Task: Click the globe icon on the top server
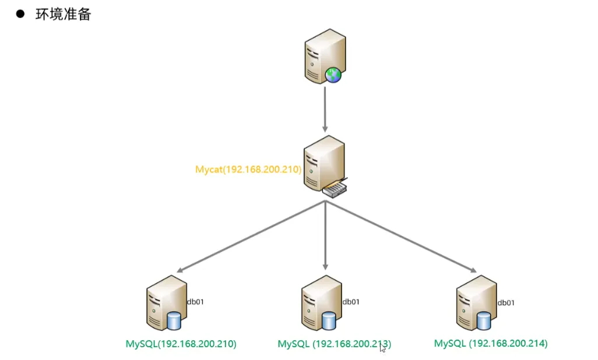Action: coord(333,75)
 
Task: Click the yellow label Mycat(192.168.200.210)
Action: coord(248,170)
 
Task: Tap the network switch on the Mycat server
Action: coord(335,189)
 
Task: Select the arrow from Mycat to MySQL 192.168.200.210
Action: coord(251,237)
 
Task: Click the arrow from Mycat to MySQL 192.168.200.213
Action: coord(325,236)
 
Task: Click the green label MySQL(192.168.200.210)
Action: coord(181,344)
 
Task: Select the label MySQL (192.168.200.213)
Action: coord(334,344)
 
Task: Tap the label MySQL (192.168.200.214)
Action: coord(491,343)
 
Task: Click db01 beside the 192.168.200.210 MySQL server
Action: coord(195,302)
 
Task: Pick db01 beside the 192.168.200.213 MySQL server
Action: coord(351,302)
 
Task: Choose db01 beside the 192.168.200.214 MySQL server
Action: coord(506,302)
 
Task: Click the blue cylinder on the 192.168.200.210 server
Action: coord(173,321)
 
